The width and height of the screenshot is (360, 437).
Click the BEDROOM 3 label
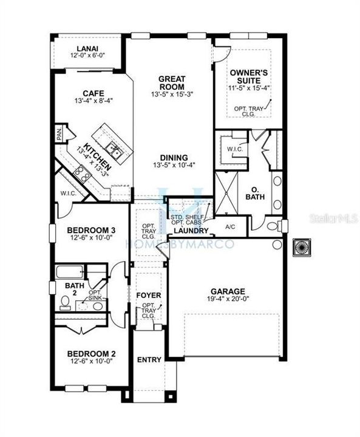[90, 230]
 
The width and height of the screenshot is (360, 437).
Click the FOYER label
[148, 296]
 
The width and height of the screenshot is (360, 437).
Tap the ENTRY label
[149, 359]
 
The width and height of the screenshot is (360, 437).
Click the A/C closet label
[230, 226]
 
